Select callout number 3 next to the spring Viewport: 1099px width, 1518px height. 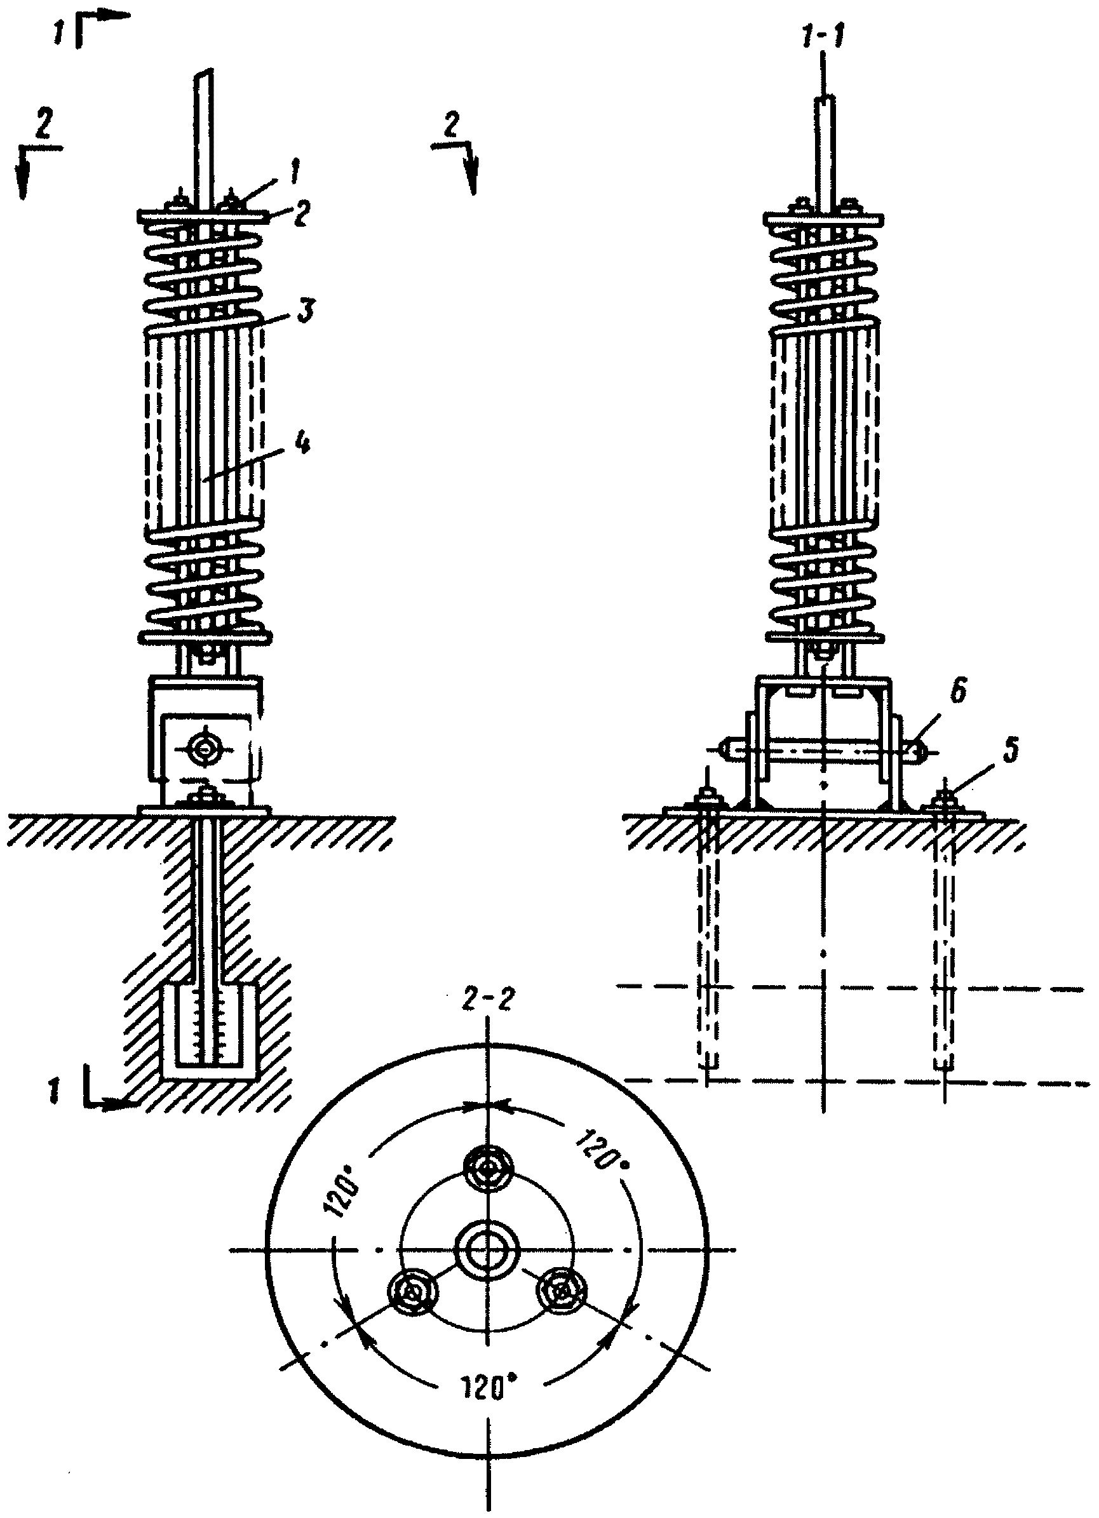(304, 312)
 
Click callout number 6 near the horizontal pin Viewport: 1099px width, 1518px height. (959, 693)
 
